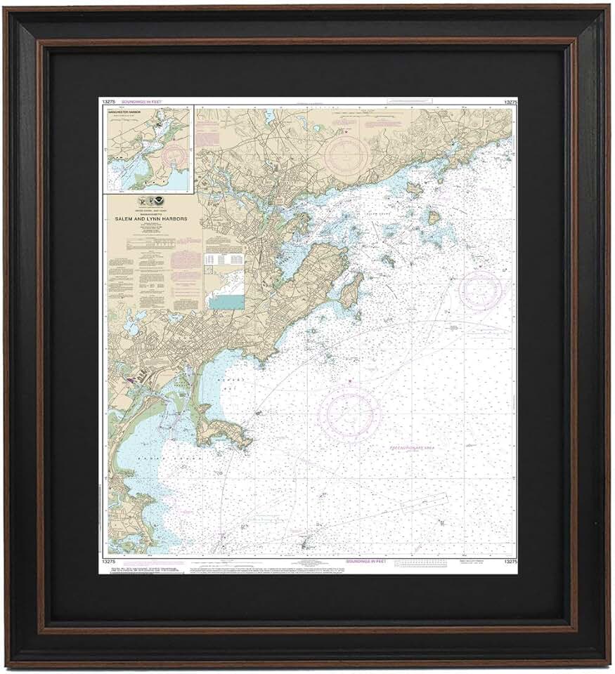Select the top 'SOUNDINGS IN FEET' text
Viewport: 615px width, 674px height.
point(141,103)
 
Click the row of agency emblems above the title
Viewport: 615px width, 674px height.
point(154,201)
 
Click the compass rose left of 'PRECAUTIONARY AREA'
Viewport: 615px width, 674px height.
point(349,414)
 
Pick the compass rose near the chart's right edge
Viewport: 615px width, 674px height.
point(481,289)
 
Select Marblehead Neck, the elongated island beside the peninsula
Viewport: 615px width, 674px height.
point(351,291)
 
